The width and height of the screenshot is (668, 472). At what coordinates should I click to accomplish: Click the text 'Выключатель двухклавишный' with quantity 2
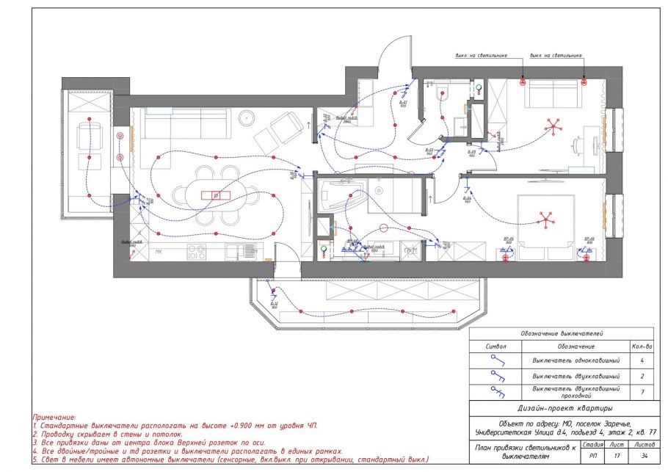pos(576,376)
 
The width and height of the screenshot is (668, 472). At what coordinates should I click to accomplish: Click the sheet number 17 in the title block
pos(618,455)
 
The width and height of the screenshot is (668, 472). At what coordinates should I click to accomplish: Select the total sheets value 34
pos(643,455)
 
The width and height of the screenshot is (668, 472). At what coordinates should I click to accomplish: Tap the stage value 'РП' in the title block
pos(592,455)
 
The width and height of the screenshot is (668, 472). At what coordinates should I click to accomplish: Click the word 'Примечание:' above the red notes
pos(54,417)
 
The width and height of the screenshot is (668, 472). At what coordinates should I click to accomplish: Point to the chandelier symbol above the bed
pos(545,219)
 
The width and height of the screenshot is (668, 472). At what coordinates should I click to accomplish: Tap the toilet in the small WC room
pos(442,92)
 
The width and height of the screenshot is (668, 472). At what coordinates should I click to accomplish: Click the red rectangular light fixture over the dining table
pos(216,195)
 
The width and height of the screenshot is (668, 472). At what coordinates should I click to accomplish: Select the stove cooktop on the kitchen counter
pos(196,253)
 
